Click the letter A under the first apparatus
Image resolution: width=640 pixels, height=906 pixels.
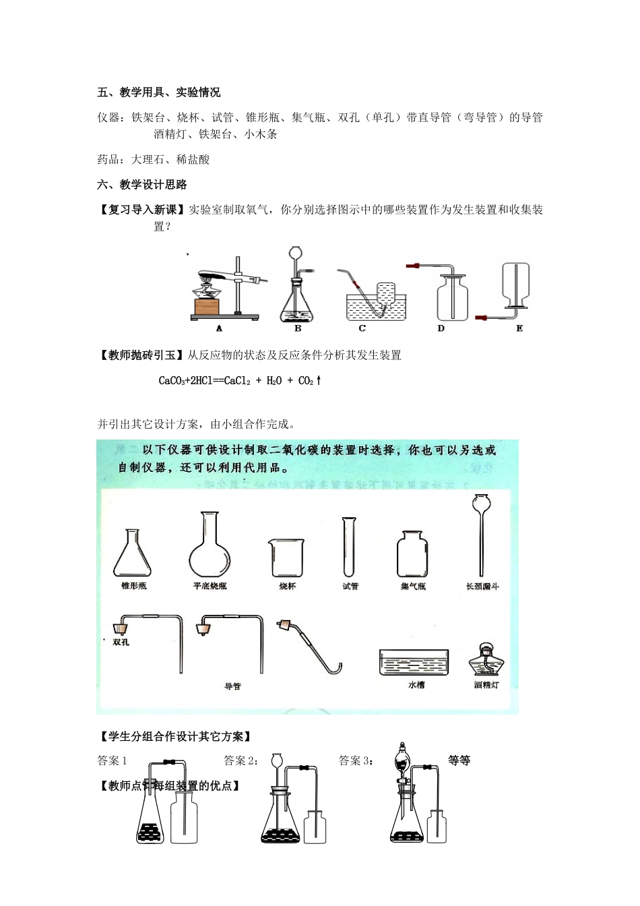tap(220, 328)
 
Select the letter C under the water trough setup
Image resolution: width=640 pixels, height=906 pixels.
tap(362, 328)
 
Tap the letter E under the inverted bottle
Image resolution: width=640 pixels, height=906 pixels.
tap(519, 328)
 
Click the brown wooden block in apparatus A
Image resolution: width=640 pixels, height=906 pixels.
tap(205, 307)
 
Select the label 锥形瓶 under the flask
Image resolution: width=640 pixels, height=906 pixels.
tap(133, 586)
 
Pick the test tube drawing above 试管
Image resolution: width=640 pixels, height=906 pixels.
tap(350, 546)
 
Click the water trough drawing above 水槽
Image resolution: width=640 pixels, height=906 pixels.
tap(414, 662)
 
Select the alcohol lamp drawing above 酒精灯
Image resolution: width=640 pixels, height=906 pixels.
tap(486, 659)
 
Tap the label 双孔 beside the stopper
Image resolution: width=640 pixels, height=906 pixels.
tap(121, 642)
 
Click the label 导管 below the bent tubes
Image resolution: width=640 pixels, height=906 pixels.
tap(232, 686)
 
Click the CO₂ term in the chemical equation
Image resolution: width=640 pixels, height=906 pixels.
tap(307, 381)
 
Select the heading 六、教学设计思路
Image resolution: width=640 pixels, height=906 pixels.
tap(142, 185)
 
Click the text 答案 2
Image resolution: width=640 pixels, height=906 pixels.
tap(241, 761)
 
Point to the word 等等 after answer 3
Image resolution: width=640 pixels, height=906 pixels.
tap(459, 760)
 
